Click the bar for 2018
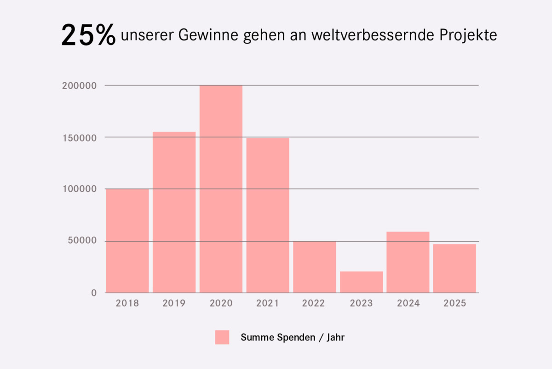pyautogui.click(x=127, y=241)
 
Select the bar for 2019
pyautogui.click(x=174, y=212)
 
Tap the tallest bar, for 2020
pyautogui.click(x=221, y=189)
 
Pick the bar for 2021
pyautogui.click(x=268, y=215)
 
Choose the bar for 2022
pyautogui.click(x=315, y=267)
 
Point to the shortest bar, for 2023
pyautogui.click(x=362, y=282)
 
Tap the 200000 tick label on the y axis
pyautogui.click(x=79, y=85)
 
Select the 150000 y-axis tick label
pyautogui.click(x=79, y=137)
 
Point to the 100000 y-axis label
pyautogui.click(x=79, y=189)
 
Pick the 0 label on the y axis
pyautogui.click(x=94, y=293)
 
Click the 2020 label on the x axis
pyautogui.click(x=221, y=303)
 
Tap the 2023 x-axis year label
pyautogui.click(x=362, y=303)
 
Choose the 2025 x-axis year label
pyautogui.click(x=454, y=303)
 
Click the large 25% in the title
pyautogui.click(x=88, y=35)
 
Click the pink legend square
pyautogui.click(x=222, y=337)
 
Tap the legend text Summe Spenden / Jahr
pyautogui.click(x=293, y=337)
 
